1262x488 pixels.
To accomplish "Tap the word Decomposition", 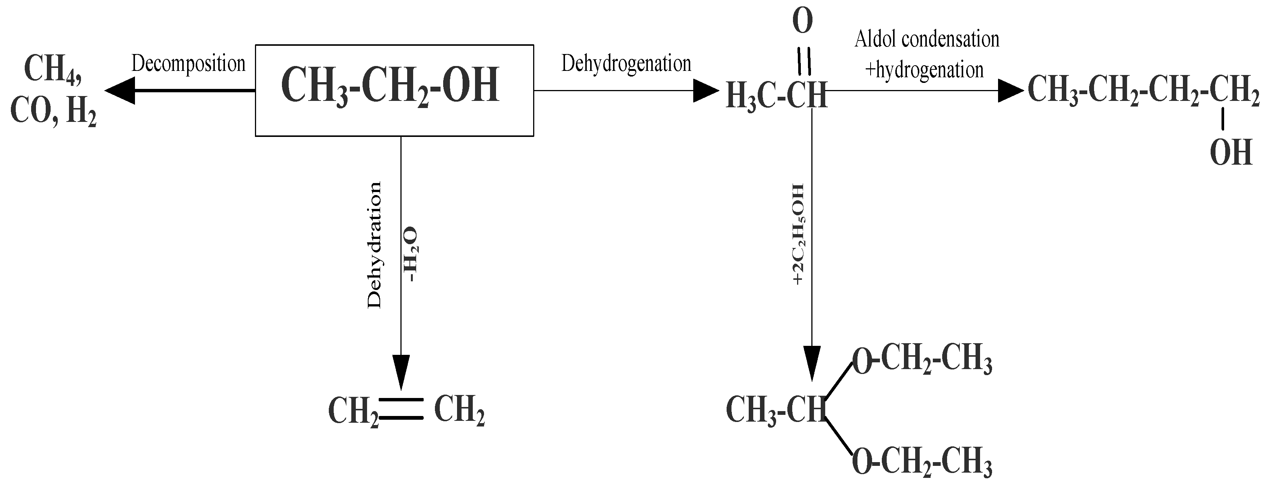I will (x=189, y=64).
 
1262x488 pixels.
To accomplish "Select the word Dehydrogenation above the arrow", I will (x=626, y=64).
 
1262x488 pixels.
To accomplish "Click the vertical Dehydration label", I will (x=374, y=245).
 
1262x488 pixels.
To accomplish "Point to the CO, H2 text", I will (x=53, y=112).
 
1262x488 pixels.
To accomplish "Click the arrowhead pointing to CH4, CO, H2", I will (x=120, y=90).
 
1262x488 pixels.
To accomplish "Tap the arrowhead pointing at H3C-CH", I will (x=706, y=90).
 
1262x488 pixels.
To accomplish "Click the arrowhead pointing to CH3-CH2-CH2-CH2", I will (x=1010, y=90).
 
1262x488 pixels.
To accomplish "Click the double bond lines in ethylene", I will (x=401, y=408).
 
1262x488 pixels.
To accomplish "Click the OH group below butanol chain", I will (x=1231, y=153).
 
